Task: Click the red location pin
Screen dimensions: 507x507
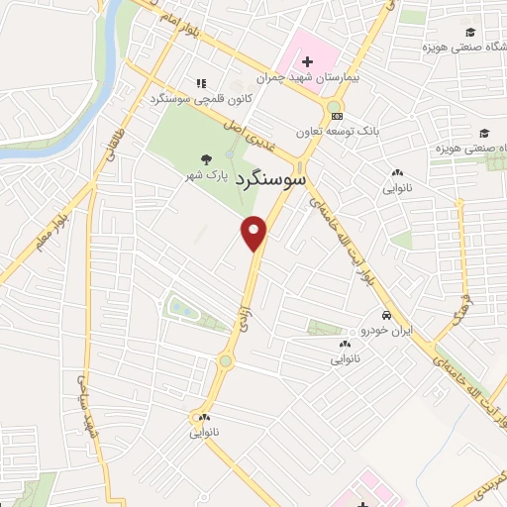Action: click(255, 232)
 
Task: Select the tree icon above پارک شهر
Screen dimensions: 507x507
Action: click(206, 158)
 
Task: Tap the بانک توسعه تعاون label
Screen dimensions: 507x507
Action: click(338, 131)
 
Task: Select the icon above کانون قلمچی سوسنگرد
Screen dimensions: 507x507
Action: click(202, 83)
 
